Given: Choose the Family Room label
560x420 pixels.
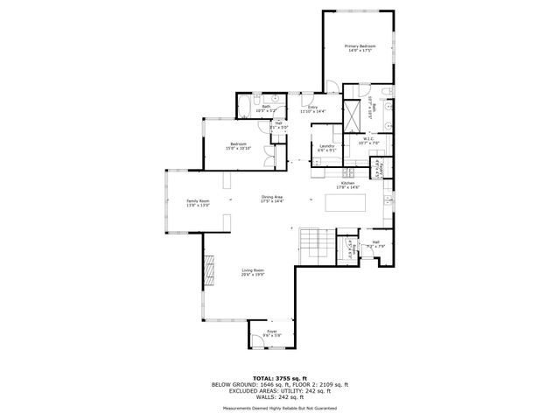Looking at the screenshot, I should pos(198,203).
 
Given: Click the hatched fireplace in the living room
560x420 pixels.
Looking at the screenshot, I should pos(209,271).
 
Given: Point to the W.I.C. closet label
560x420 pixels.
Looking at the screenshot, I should pos(369,141).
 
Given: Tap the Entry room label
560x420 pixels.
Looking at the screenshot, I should pos(312,109).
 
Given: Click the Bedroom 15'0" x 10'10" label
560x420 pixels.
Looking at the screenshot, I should pos(238,146).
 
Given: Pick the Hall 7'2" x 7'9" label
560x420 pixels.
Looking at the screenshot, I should pos(374,244).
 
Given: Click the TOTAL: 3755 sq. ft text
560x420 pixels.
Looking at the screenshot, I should pos(279,378).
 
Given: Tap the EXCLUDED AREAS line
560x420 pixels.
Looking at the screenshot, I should pos(279,391).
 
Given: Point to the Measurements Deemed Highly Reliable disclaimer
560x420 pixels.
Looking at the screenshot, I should pos(279,408).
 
